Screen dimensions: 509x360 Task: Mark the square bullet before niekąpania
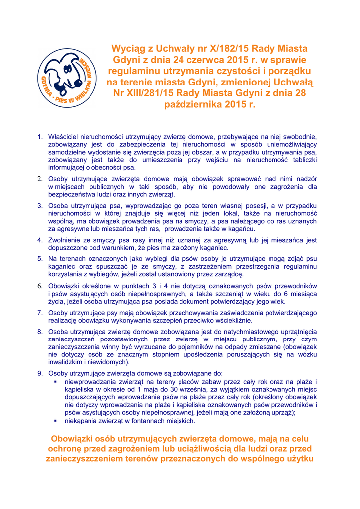click(56, 421)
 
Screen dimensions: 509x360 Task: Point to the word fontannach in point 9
click(149, 421)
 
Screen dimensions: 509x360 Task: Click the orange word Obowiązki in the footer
click(75, 439)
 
